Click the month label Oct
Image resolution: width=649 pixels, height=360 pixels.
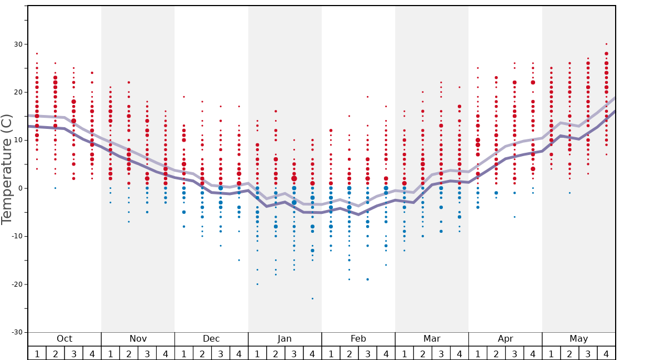(x=64, y=339)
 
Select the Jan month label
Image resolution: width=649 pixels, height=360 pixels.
(x=284, y=339)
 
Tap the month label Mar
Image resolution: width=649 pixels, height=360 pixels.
(x=432, y=339)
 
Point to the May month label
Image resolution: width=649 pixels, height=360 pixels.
(x=578, y=339)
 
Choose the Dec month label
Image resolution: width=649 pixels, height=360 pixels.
(x=211, y=339)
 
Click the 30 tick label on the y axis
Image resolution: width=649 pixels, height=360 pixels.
(x=18, y=44)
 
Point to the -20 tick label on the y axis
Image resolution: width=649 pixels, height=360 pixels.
(x=16, y=284)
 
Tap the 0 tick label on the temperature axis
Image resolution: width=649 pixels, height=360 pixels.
(x=20, y=188)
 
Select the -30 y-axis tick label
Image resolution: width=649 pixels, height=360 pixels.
(x=16, y=332)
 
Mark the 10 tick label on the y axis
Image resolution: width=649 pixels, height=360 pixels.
(x=18, y=141)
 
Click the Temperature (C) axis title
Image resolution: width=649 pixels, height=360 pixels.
(x=7, y=169)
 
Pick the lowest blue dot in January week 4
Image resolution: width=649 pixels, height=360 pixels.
(x=312, y=298)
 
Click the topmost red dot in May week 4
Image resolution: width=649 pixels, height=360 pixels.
(x=606, y=44)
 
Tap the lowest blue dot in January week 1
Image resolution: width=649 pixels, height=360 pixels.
(x=257, y=284)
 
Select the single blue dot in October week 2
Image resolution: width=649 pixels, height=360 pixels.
(x=55, y=188)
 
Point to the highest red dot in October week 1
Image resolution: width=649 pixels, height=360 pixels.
(x=37, y=54)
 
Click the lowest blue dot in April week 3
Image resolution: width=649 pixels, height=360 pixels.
(x=515, y=217)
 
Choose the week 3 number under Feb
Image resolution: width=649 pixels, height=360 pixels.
(x=367, y=353)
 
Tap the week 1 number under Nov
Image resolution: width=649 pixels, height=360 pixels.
(x=111, y=353)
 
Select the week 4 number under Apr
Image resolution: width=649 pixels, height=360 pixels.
(x=533, y=353)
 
